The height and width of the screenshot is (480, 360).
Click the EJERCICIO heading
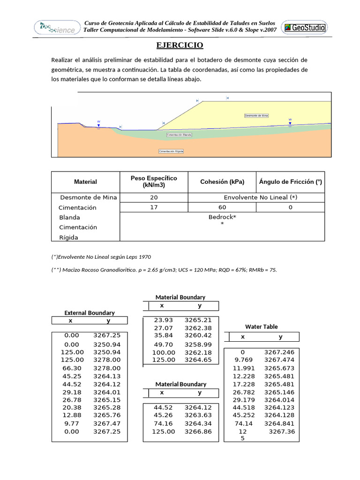point(180,45)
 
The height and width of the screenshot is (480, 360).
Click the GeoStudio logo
point(304,27)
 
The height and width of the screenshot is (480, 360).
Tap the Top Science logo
point(54,28)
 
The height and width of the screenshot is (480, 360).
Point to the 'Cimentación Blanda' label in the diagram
point(179,135)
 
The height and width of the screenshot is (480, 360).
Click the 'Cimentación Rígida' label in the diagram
point(171,151)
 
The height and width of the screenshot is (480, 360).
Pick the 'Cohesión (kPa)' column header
point(222,182)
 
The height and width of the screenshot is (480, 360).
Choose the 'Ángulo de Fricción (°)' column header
point(290,182)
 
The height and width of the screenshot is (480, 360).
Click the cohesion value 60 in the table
point(222,207)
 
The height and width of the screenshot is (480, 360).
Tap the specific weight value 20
point(154,197)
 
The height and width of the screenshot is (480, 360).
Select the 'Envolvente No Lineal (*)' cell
point(260,197)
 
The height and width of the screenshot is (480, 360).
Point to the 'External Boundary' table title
point(89,313)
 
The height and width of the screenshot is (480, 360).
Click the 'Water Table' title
point(261,327)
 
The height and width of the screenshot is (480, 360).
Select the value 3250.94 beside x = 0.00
point(107,344)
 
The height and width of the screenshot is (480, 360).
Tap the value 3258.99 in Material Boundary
point(198,344)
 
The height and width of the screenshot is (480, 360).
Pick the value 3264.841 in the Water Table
point(279,423)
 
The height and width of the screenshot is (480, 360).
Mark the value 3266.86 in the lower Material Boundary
point(198,431)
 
